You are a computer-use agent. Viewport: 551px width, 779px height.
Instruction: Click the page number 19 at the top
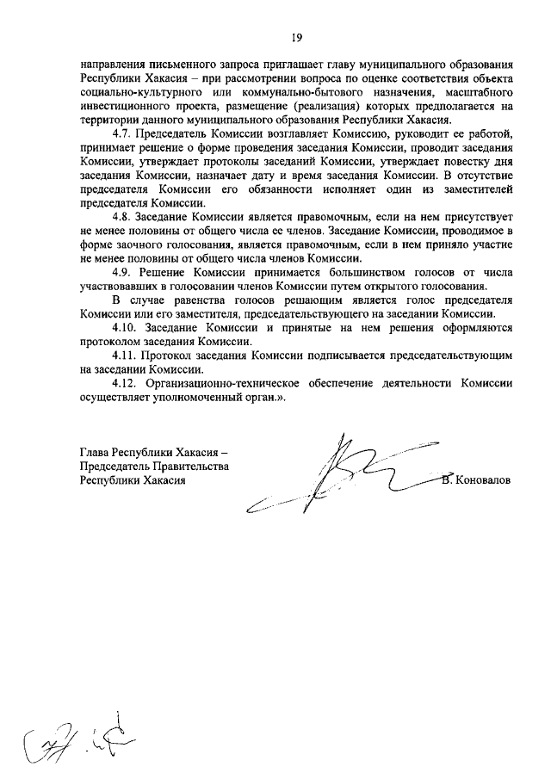pos(295,37)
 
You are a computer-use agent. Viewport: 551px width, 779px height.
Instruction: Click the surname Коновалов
pos(485,480)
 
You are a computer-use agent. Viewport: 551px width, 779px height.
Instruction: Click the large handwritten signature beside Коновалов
pos(344,479)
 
